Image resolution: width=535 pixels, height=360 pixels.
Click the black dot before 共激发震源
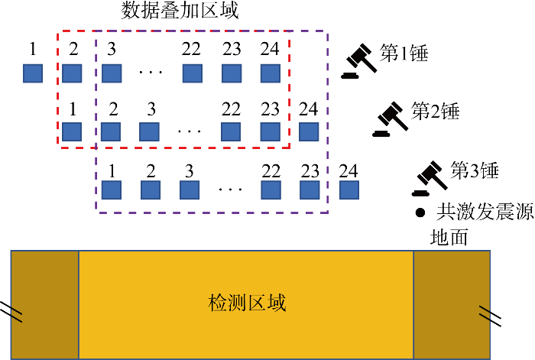[419, 212]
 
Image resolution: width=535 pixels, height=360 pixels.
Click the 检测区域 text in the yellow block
[247, 302]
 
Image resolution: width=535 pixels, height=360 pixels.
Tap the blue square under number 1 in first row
[32, 73]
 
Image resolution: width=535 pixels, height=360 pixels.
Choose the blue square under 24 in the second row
[309, 131]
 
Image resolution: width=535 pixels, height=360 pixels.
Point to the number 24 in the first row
[270, 50]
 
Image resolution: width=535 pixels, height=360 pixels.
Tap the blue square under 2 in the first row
[72, 73]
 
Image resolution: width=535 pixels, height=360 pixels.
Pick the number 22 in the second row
[231, 109]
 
